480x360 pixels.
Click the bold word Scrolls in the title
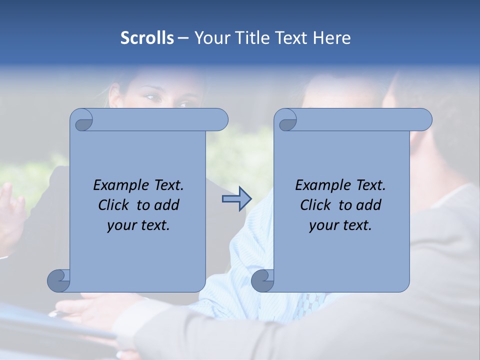[147, 38]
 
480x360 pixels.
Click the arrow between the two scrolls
[236, 199]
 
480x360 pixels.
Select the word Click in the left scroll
[114, 205]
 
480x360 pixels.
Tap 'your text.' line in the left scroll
[138, 225]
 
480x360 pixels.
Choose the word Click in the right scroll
[315, 205]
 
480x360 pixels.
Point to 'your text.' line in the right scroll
[340, 225]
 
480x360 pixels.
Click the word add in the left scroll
[167, 205]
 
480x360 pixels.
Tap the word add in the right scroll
[369, 205]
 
